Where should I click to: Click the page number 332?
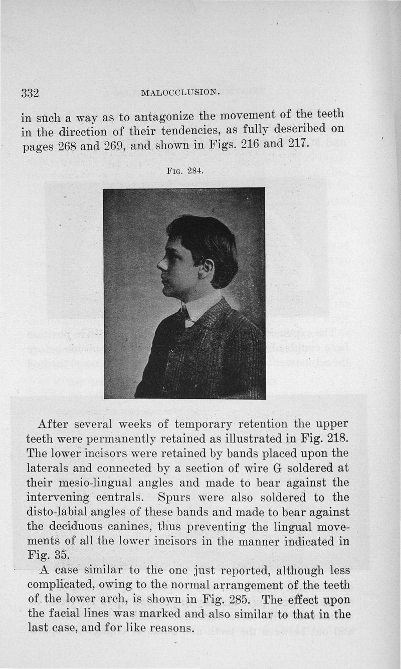30,93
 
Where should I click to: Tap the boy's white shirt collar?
198,309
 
